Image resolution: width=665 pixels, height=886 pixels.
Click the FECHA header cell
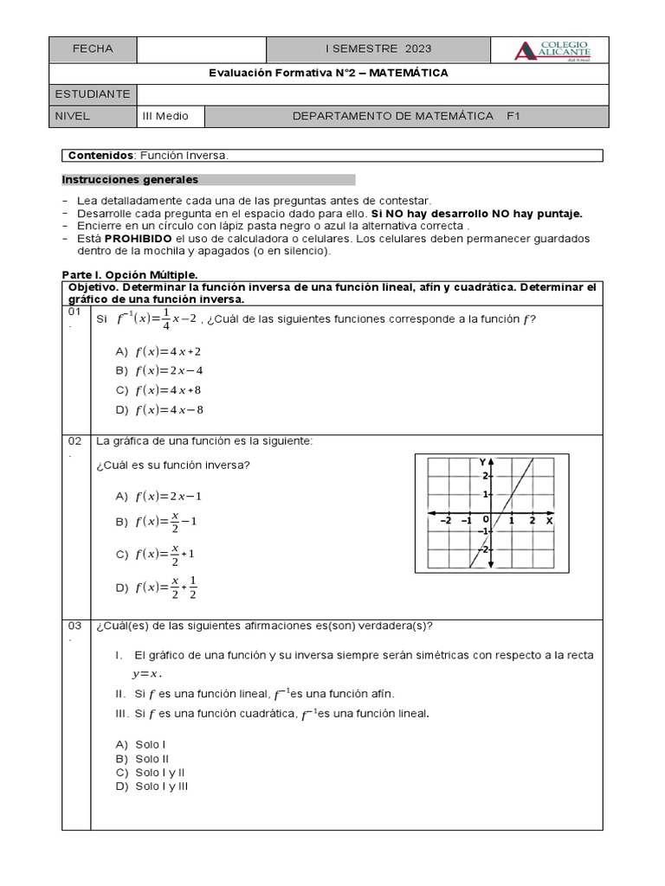click(93, 49)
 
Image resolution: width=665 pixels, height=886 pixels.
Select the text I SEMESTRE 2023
click(378, 49)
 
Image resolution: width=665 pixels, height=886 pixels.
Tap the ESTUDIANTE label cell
click(93, 93)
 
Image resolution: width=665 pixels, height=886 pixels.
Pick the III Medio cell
click(165, 115)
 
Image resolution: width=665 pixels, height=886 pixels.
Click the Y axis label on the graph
click(482, 462)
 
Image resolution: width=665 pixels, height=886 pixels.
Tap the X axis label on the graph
click(549, 521)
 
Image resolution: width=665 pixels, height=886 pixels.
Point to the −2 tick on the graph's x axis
click(445, 521)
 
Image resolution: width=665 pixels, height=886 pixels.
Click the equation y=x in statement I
click(147, 673)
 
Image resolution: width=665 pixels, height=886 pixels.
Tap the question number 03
click(74, 626)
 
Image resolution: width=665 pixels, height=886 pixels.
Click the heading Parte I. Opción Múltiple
click(130, 273)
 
